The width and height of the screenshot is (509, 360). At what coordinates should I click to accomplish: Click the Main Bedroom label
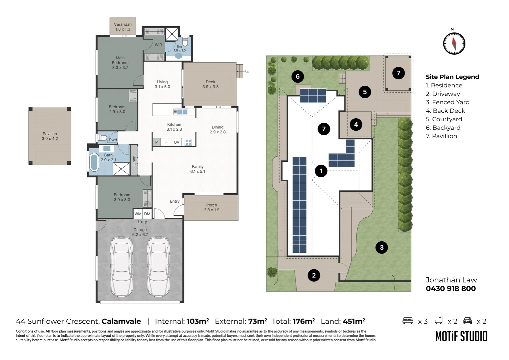point(120,63)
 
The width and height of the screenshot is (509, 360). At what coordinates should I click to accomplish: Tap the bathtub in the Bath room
point(94,162)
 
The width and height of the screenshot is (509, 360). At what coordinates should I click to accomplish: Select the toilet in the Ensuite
point(186,41)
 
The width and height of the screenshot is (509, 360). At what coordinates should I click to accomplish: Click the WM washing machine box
point(138,214)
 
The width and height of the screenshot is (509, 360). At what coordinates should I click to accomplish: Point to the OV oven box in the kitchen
point(177,142)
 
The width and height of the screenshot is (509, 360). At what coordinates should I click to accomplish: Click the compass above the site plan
point(454,43)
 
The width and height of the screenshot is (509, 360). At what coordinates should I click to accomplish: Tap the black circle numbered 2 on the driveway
point(314,275)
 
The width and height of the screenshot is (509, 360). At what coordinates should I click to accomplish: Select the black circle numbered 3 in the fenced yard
point(381,247)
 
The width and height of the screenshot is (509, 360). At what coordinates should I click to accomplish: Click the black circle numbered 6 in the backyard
point(298,76)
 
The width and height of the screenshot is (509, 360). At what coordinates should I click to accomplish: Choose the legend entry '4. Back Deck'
point(445,111)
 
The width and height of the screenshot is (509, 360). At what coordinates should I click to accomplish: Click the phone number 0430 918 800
point(451,289)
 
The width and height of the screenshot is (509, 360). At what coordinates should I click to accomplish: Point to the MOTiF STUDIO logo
point(461,336)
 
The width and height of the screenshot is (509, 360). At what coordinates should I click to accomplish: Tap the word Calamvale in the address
point(121,321)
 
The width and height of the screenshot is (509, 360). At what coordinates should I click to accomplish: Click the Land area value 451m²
point(354,321)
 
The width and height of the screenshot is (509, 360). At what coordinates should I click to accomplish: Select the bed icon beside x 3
point(408,321)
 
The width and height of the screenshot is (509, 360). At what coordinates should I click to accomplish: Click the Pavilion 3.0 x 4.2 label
point(50,136)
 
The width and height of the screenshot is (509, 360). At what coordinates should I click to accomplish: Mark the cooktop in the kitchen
point(188,142)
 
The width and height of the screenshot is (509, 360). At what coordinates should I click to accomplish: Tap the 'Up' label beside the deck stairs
point(247,71)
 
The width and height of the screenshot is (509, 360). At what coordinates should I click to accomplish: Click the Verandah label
point(123,24)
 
